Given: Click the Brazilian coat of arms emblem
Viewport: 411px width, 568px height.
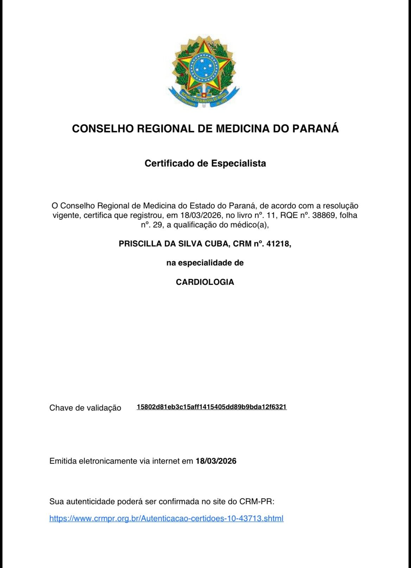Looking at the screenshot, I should coord(204,70).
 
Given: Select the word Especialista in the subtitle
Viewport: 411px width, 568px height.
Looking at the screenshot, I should coord(238,163).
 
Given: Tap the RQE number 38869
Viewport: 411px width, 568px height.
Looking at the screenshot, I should coord(324,215).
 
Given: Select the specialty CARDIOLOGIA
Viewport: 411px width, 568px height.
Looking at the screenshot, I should coord(205,282).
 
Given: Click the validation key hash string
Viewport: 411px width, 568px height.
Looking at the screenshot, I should coord(211,407).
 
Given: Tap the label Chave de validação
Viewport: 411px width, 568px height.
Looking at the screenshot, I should coord(85,408).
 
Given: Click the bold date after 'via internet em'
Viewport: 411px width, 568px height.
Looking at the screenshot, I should coord(216,461).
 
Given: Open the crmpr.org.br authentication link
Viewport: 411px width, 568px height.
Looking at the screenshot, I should coord(166,518).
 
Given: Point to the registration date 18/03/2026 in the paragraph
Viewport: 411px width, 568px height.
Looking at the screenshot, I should coord(200,215).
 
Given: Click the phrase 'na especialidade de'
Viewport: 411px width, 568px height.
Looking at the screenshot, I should coord(205,263).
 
